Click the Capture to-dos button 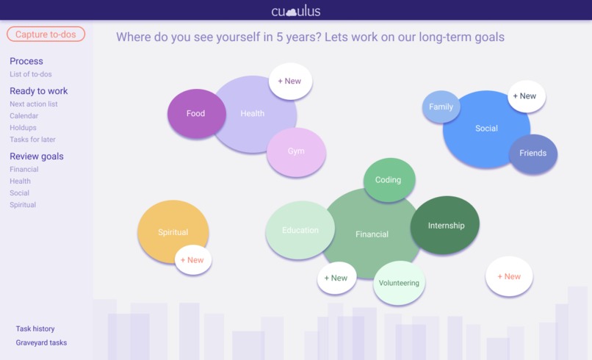pyautogui.click(x=46, y=35)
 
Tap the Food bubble pyautogui.click(x=195, y=114)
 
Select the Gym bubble pyautogui.click(x=296, y=151)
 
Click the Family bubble pyautogui.click(x=441, y=107)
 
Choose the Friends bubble pyautogui.click(x=533, y=154)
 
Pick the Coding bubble pyautogui.click(x=389, y=180)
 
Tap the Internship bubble pyautogui.click(x=446, y=226)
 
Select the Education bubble pyautogui.click(x=300, y=230)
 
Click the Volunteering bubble pyautogui.click(x=399, y=284)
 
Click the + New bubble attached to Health pyautogui.click(x=290, y=82)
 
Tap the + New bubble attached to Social pyautogui.click(x=525, y=96)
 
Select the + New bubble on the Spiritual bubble pyautogui.click(x=192, y=260)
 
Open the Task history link pyautogui.click(x=35, y=329)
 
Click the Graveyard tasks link pyautogui.click(x=41, y=342)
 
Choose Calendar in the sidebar pyautogui.click(x=24, y=116)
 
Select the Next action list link pyautogui.click(x=34, y=104)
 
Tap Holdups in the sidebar pyautogui.click(x=23, y=128)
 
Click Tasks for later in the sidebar pyautogui.click(x=32, y=140)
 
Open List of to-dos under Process pyautogui.click(x=31, y=74)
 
